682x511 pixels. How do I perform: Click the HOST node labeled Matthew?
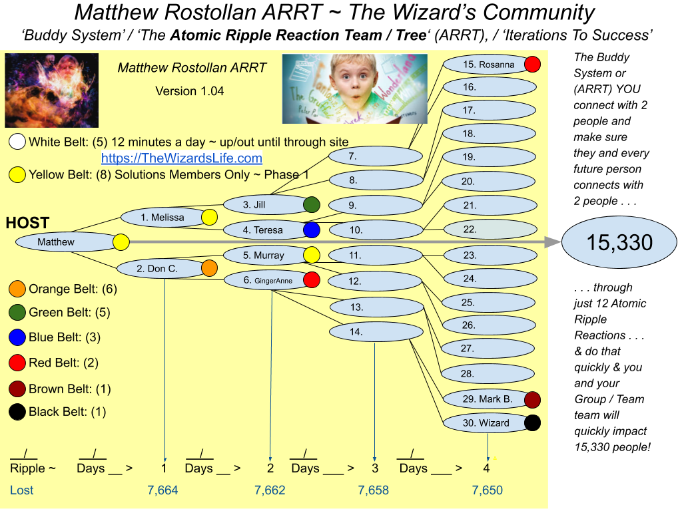pos(57,242)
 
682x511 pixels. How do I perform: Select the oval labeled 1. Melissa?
pos(163,218)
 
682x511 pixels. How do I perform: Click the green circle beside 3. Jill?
pos(311,205)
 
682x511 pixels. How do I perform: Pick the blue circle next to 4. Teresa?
pos(311,230)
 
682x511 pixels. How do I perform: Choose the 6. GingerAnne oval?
pos(265,280)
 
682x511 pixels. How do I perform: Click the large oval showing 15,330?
pos(619,243)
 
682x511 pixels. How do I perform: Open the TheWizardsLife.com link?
pos(181,158)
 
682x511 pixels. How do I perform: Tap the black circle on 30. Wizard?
pos(532,423)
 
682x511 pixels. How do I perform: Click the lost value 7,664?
pos(163,490)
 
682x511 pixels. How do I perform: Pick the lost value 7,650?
pos(487,490)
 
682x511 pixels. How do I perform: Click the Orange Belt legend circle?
pos(17,289)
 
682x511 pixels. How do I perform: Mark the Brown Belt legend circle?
pos(17,389)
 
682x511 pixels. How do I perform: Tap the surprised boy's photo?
pos(354,88)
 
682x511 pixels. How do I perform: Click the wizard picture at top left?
pos(51,90)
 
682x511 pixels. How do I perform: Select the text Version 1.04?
pos(189,91)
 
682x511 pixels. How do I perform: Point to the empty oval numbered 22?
pos(490,230)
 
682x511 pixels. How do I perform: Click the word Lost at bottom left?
pos(21,490)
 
